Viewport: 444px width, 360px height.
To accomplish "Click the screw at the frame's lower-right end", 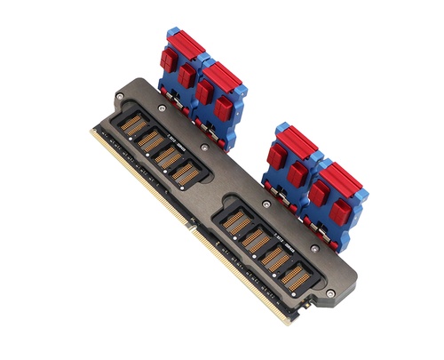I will click(x=332, y=293).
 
